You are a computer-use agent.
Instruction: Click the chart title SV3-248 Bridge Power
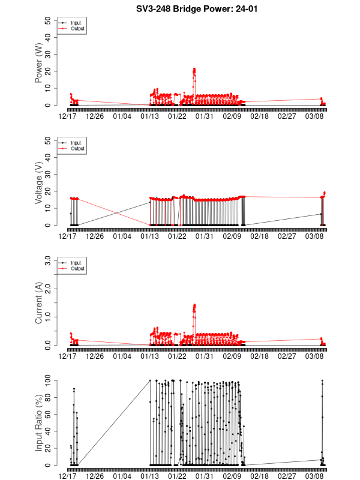(179, 9)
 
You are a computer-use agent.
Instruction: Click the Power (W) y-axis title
(39, 62)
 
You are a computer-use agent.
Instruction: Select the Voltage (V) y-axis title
(39, 182)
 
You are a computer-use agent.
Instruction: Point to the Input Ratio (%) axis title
(39, 422)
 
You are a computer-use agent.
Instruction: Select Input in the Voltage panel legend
(76, 143)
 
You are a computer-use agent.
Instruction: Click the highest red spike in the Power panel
(194, 69)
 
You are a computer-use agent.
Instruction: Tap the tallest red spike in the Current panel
(194, 305)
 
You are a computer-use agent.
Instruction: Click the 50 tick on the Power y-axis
(47, 20)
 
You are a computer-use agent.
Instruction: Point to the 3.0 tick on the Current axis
(47, 260)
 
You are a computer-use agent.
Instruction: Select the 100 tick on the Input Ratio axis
(47, 380)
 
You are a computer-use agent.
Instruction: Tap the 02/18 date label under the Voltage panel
(259, 236)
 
